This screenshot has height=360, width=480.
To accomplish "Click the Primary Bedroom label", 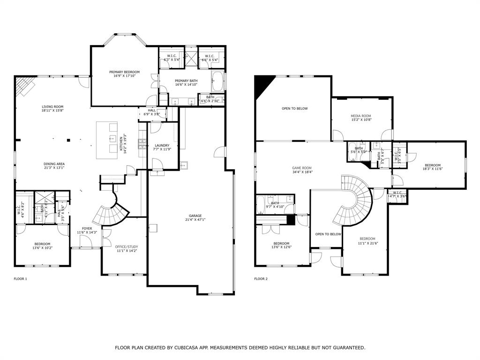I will [124, 72].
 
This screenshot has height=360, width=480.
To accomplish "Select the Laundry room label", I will [162, 145].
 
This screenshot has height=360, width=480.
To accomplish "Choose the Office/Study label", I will [127, 247].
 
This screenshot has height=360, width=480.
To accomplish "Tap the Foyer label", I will [87, 229].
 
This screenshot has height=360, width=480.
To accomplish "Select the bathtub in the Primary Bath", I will [218, 82].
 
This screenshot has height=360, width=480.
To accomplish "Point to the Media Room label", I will [361, 116].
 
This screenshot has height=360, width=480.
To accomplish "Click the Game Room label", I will [302, 168].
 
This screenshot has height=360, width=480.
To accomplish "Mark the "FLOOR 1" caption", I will [20, 279].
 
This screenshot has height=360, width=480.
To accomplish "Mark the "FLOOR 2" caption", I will [261, 279].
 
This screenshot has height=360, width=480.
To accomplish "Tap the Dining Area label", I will [54, 164].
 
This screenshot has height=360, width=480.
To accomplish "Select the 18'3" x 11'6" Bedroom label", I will [433, 165].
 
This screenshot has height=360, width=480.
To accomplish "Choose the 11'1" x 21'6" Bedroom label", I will [367, 239].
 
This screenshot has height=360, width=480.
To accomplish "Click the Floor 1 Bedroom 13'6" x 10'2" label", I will [42, 244].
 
